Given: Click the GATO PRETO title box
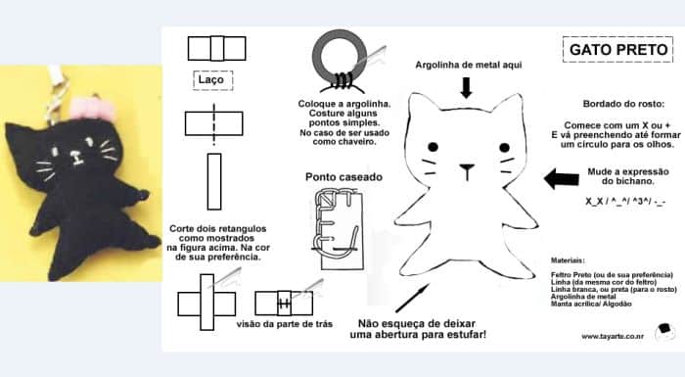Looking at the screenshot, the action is click(617, 49).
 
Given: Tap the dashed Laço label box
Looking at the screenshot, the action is click(212, 80).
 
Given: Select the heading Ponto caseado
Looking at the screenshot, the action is click(343, 177).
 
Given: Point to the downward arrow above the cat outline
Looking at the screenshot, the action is click(467, 87).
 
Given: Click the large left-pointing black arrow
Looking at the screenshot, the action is click(562, 178).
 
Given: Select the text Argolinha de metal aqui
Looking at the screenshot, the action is click(469, 66).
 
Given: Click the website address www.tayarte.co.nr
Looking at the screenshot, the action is click(612, 336).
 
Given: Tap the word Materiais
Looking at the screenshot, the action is click(568, 260).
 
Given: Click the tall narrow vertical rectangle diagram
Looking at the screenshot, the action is click(214, 181).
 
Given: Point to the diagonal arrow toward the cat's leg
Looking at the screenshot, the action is click(412, 298).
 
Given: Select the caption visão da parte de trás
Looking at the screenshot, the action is click(285, 324).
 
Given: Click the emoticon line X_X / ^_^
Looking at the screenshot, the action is click(625, 201).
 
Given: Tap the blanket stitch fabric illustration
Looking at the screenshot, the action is click(339, 229).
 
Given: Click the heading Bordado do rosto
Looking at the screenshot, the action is click(623, 104).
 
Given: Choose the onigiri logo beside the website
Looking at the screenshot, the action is click(664, 332).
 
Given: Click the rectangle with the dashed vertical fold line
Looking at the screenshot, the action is click(213, 123).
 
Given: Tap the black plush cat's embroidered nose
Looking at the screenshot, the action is click(76, 157).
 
